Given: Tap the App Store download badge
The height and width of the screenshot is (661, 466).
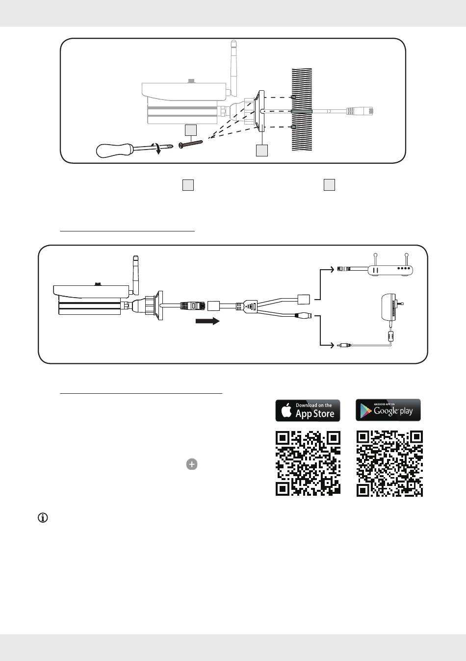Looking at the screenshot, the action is coord(308,410).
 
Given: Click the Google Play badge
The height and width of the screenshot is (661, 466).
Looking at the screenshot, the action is coord(388,410).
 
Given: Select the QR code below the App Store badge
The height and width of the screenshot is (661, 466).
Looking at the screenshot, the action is coord(308,463).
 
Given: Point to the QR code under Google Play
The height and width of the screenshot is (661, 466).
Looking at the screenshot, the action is coord(389,463).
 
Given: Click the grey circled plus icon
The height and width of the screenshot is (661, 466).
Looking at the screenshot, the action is coord(192,464).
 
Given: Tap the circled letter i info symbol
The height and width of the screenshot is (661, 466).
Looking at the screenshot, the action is coord(43,518).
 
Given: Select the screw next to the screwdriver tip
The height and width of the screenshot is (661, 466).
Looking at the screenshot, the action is coord(191,143).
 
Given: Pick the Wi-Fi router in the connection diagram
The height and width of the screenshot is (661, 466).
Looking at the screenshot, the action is coord(390,270).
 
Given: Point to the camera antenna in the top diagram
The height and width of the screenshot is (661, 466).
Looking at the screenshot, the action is coord(233,66).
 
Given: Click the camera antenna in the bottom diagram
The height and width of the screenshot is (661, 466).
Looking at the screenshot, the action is coord(135,275).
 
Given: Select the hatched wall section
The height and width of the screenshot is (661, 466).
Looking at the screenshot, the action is coord(302,110).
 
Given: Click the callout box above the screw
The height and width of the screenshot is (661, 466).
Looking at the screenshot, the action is coord(191,130).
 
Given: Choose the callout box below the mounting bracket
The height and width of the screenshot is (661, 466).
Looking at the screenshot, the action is coord(262,150).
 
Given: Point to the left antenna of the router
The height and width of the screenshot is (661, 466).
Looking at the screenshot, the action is coord(375,259).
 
